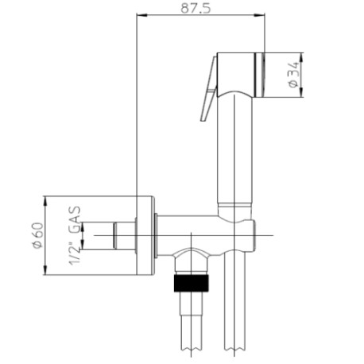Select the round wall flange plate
coord(145,235)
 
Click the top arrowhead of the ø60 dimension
coord(47,199)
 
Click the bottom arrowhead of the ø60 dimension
coord(47,273)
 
